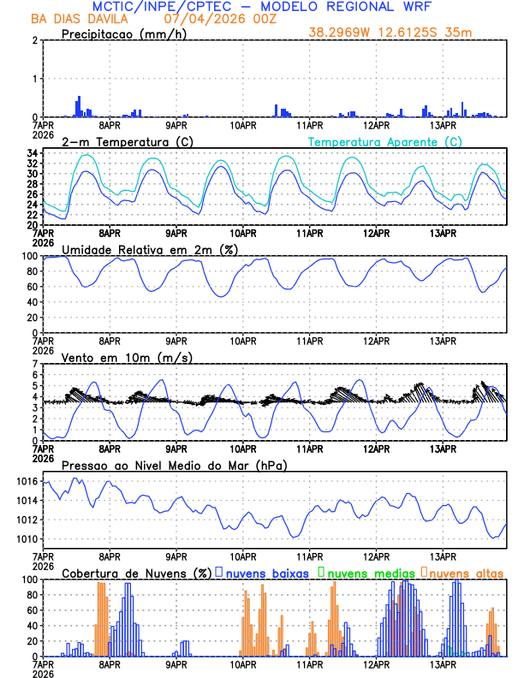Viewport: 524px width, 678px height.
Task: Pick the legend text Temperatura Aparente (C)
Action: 384,141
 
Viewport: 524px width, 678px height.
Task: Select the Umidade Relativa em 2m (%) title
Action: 149,249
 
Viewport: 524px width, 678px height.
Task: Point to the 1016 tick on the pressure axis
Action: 27,482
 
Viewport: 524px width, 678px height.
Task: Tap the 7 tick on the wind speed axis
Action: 34,364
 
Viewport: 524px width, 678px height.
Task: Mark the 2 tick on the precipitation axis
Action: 34,40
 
